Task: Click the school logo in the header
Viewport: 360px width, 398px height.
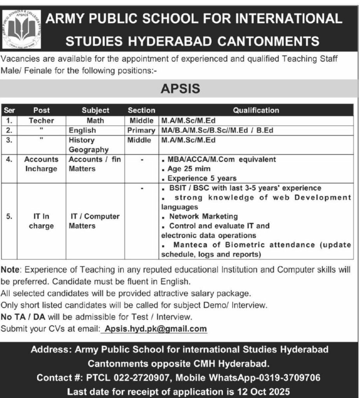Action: (21, 29)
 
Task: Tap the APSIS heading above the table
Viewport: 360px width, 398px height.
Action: (180, 89)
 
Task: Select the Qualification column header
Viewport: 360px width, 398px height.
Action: (256, 110)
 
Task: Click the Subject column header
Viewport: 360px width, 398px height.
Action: (95, 110)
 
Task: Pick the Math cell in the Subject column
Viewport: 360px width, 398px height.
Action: (95, 120)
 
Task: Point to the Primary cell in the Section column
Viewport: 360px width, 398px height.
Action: (141, 130)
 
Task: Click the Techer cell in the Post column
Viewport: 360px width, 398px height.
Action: (41, 120)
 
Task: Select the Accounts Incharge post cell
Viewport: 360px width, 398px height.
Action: (41, 164)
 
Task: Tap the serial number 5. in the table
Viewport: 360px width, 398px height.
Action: (9, 217)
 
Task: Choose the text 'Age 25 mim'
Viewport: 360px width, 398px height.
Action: (189, 169)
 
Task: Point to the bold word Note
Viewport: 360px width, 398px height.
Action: (10, 269)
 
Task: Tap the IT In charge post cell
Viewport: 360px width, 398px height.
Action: (41, 221)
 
